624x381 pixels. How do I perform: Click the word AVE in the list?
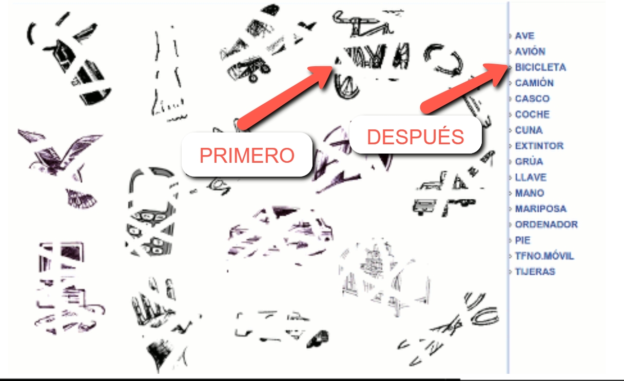pos(525,35)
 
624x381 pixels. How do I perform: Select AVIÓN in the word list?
pos(530,51)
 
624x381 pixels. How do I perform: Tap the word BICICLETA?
pos(540,67)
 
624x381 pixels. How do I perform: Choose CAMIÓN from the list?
pos(534,83)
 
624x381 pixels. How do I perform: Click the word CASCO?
pos(532,99)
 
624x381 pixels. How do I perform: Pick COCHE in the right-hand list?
pos(532,115)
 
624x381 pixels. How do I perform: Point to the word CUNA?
pos(529,130)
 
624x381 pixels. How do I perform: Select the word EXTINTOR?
pos(539,146)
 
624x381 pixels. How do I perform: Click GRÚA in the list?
pos(529,161)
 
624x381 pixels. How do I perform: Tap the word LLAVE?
pos(531,177)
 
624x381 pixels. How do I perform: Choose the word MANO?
pos(530,193)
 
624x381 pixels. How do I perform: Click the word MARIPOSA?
pos(541,209)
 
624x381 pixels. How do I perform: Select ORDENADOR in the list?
pos(547,224)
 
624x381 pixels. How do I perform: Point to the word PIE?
pos(522,240)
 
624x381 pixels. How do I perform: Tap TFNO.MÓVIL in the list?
pos(544,256)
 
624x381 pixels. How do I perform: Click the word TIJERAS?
pos(535,272)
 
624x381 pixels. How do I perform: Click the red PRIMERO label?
pos(247,155)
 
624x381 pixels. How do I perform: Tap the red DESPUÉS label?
pos(415,137)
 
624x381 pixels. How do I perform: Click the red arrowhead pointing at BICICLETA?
pos(495,73)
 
